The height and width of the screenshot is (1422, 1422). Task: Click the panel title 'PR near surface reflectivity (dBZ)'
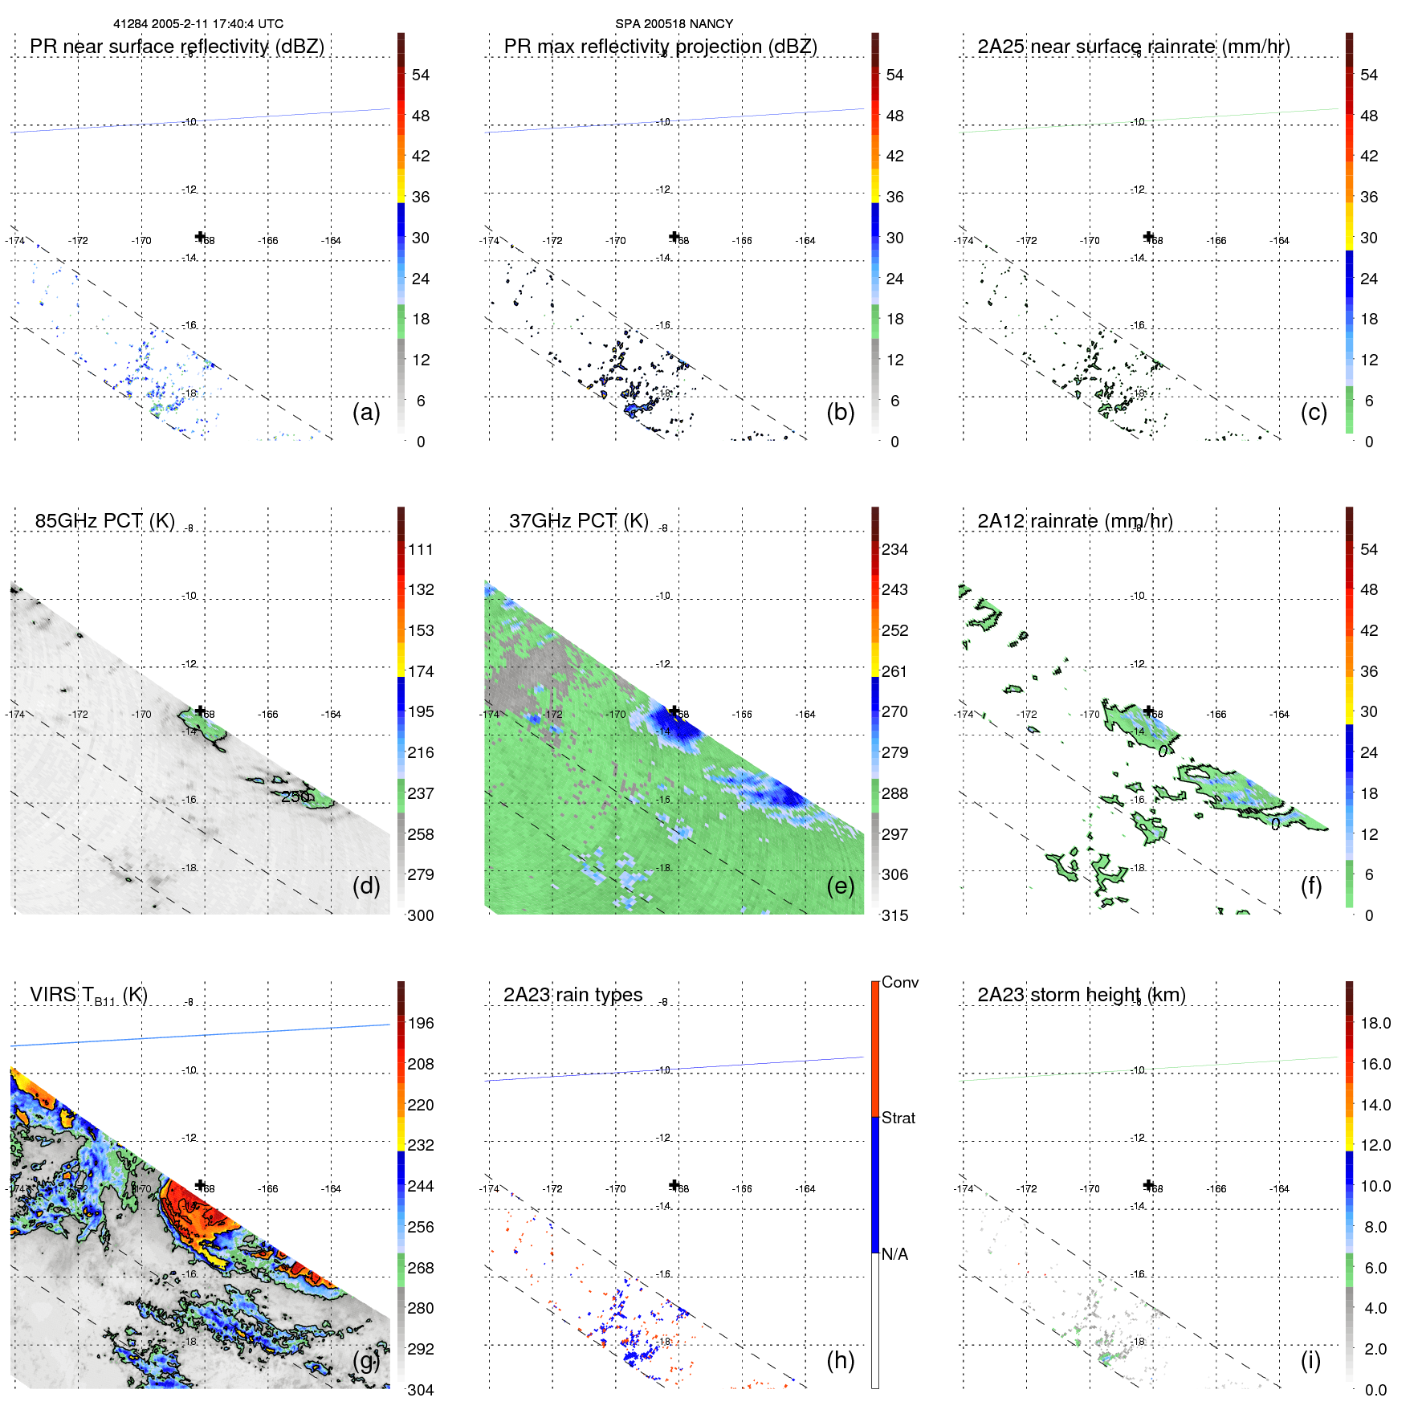(x=177, y=47)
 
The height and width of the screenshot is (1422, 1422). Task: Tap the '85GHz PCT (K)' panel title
(x=104, y=521)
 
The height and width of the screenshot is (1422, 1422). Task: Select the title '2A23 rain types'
(x=572, y=995)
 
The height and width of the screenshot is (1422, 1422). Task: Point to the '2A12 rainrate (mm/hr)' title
(x=1074, y=521)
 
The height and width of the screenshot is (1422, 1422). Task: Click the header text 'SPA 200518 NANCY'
(x=674, y=24)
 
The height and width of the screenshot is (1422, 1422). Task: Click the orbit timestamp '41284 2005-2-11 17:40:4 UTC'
(x=198, y=24)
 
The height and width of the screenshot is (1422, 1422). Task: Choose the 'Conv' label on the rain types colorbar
(x=899, y=982)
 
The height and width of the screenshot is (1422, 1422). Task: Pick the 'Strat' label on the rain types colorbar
(x=898, y=1118)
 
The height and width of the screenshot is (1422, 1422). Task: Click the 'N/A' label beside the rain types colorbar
(x=894, y=1254)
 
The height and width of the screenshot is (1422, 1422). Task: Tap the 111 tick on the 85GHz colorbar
(x=421, y=549)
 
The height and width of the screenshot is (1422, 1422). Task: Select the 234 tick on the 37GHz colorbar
(x=894, y=549)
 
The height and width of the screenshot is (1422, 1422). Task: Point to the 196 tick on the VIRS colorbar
(x=421, y=1023)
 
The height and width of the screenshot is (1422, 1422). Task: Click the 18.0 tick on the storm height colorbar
(x=1375, y=1023)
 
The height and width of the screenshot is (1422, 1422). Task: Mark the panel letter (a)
(x=366, y=412)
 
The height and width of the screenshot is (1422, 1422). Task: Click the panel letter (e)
(x=840, y=886)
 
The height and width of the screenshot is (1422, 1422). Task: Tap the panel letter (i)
(x=1310, y=1360)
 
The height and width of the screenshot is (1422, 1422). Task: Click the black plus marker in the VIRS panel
(x=201, y=1185)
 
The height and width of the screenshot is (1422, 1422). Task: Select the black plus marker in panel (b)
(x=674, y=236)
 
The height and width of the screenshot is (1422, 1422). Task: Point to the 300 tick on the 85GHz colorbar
(x=421, y=915)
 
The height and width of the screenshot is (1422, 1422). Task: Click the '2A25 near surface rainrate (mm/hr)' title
(x=1133, y=47)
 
